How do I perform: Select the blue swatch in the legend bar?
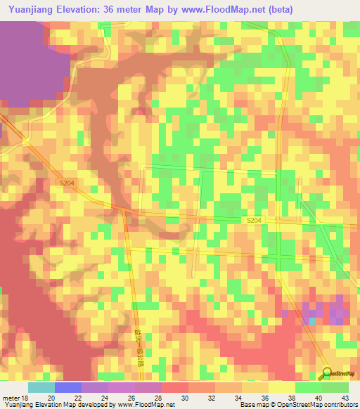pyautogui.click(x=67, y=387)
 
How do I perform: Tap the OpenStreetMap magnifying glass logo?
pyautogui.click(x=328, y=372)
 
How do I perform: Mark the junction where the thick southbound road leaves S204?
pyautogui.click(x=124, y=209)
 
